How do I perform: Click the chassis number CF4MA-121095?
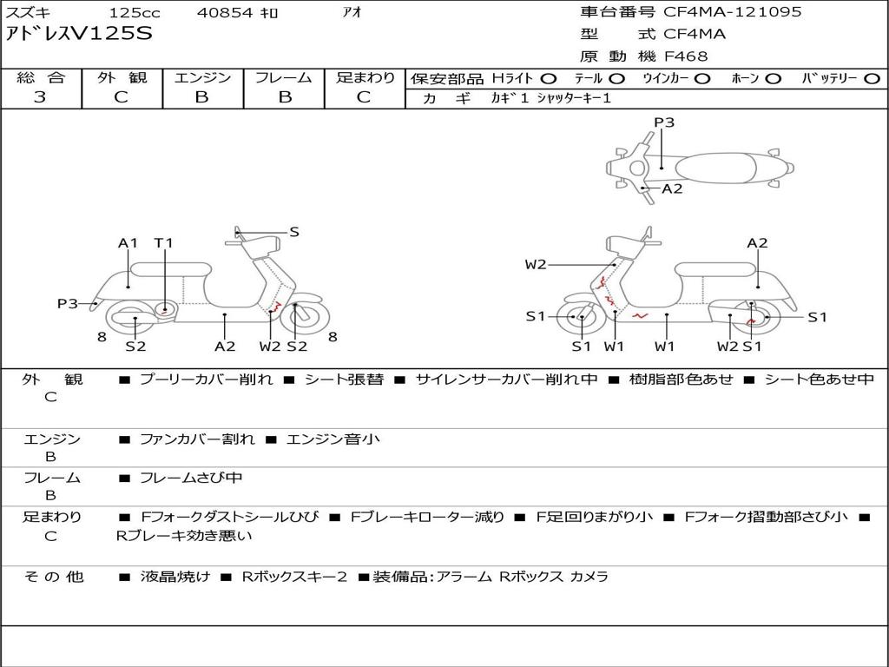point(732,12)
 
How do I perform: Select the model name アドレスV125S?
point(79,34)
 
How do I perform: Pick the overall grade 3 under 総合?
point(40,97)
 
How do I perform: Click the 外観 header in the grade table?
point(122,77)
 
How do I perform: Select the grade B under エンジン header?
point(201,97)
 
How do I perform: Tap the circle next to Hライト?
point(549,79)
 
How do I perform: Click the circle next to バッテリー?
point(872,79)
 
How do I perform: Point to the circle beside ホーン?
point(774,79)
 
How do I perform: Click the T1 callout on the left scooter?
point(164,243)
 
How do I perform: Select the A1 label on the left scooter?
point(128,243)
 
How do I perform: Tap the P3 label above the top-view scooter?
point(664,122)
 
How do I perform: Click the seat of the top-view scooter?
point(715,168)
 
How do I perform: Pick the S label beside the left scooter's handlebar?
point(293,231)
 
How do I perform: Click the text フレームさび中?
point(191,479)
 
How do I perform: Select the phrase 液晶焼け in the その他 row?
point(175,577)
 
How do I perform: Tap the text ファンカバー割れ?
point(197,439)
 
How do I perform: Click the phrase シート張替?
point(344,380)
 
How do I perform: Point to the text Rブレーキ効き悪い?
point(184,535)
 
